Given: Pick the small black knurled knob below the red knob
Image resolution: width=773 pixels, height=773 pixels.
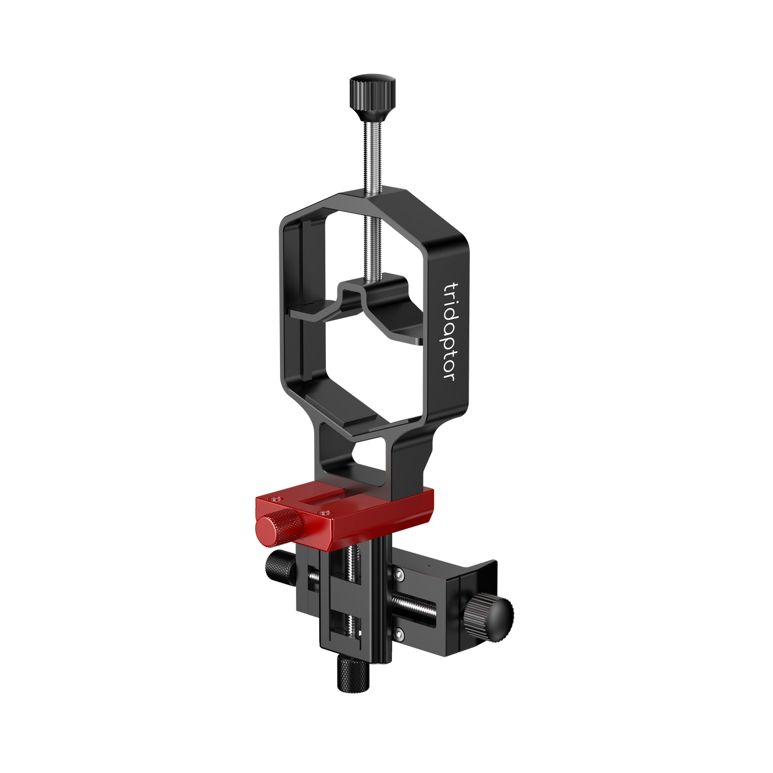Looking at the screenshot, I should (x=280, y=566).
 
